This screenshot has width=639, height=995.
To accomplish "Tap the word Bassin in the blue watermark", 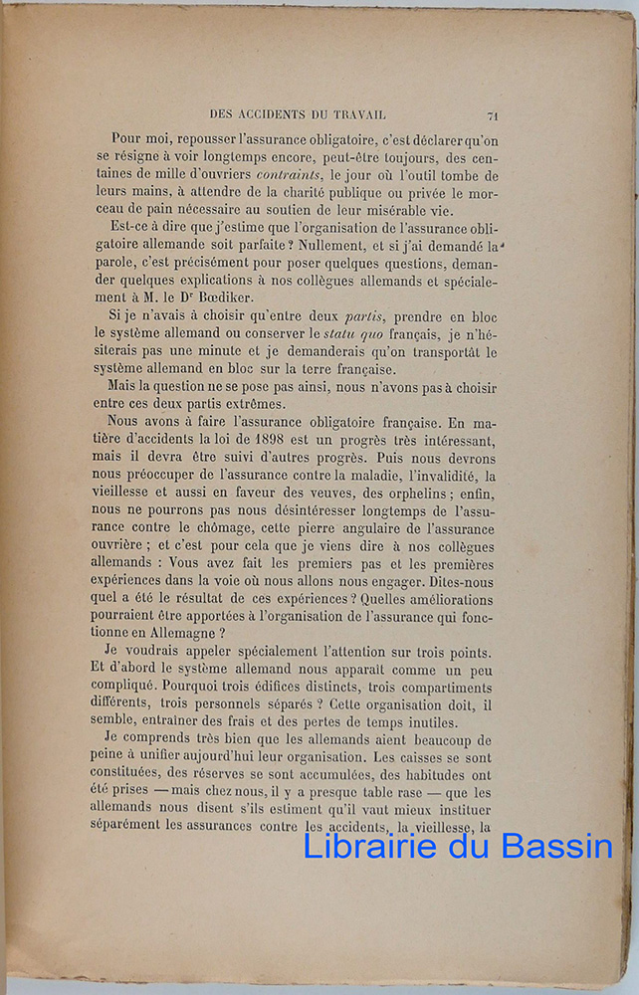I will [x=559, y=847].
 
